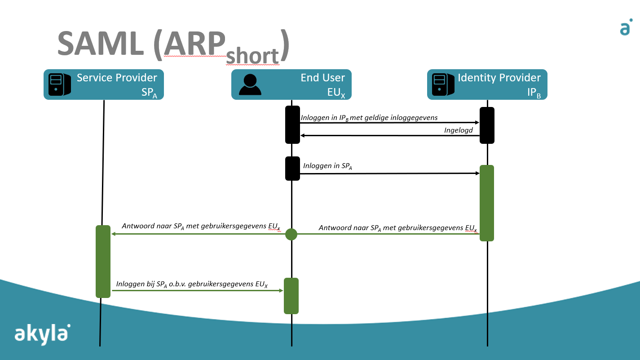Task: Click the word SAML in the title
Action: (101, 44)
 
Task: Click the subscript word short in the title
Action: (252, 56)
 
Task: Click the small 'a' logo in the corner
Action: (626, 27)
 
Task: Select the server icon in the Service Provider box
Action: (59, 84)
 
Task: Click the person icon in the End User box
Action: (250, 84)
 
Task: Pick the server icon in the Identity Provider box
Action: (443, 84)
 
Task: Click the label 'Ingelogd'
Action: (458, 130)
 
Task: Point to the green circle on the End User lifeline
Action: (291, 235)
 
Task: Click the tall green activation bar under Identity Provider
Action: (487, 203)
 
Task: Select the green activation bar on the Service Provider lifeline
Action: (103, 262)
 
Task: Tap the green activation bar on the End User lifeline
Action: (291, 296)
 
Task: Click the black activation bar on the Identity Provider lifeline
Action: (487, 125)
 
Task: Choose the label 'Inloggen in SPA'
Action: (327, 166)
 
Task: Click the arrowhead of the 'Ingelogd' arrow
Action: (302, 136)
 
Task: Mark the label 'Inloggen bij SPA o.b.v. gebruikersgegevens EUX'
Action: (192, 284)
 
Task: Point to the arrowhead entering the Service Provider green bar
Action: (114, 234)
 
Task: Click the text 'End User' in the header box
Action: (322, 78)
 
